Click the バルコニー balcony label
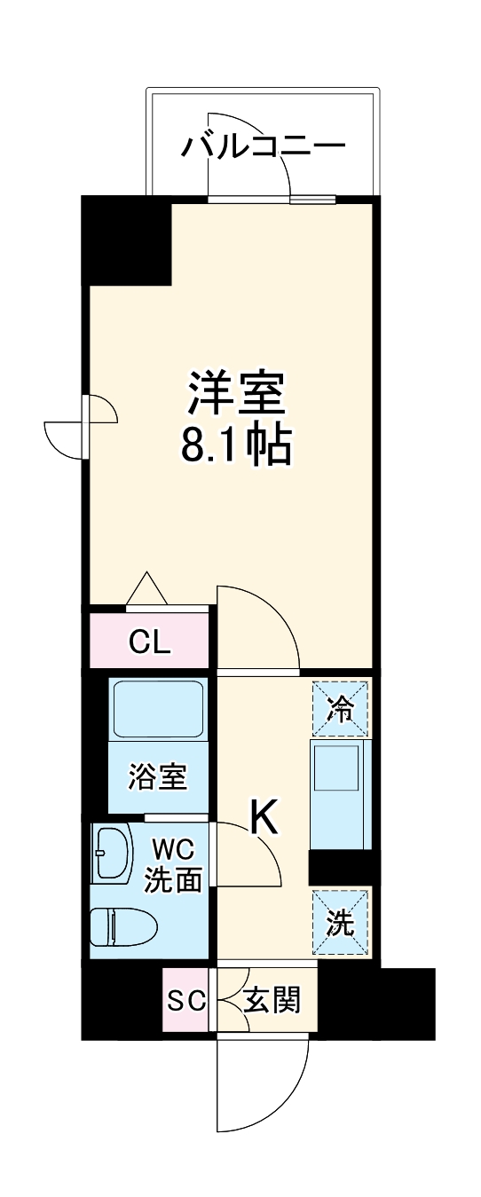pos(262,144)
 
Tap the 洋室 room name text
pos(235,393)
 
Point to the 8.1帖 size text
pos(235,446)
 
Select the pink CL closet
pos(149,641)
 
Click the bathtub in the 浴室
pos(158,707)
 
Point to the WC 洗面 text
pos(176,863)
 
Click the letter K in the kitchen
pos(264,818)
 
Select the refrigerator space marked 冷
pos(340,706)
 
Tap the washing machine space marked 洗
pos(340,924)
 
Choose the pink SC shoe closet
pos(186,1000)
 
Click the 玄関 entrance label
pos(272,1001)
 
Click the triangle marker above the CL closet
pos(146,591)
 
